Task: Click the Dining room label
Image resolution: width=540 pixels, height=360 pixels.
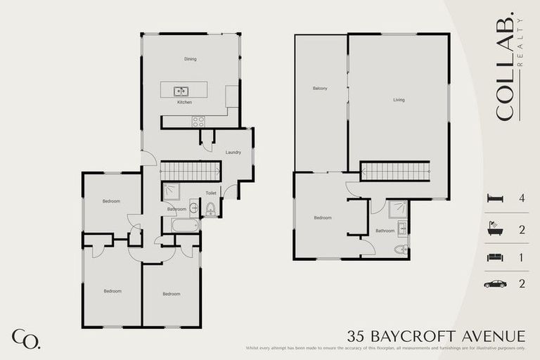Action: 190,59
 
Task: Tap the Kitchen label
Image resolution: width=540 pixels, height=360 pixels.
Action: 184,103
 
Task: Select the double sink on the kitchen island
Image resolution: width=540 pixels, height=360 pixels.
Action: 181,90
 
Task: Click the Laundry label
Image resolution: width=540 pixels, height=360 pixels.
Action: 233,153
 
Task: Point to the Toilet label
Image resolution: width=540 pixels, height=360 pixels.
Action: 210,193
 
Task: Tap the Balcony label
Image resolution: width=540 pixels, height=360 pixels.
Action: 320,88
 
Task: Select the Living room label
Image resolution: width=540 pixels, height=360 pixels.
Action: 399,100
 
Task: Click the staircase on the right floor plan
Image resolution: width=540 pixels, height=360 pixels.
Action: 394,171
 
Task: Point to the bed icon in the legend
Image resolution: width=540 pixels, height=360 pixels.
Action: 496,198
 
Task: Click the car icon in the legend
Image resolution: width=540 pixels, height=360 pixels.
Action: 496,284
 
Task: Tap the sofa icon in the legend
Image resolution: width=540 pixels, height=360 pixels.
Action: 496,257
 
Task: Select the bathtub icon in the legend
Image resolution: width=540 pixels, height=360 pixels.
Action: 496,229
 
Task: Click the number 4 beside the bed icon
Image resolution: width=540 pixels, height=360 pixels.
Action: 521,198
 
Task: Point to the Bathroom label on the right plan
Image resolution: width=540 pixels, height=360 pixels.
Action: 385,231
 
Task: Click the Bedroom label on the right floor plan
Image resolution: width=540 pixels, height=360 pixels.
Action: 322,218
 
